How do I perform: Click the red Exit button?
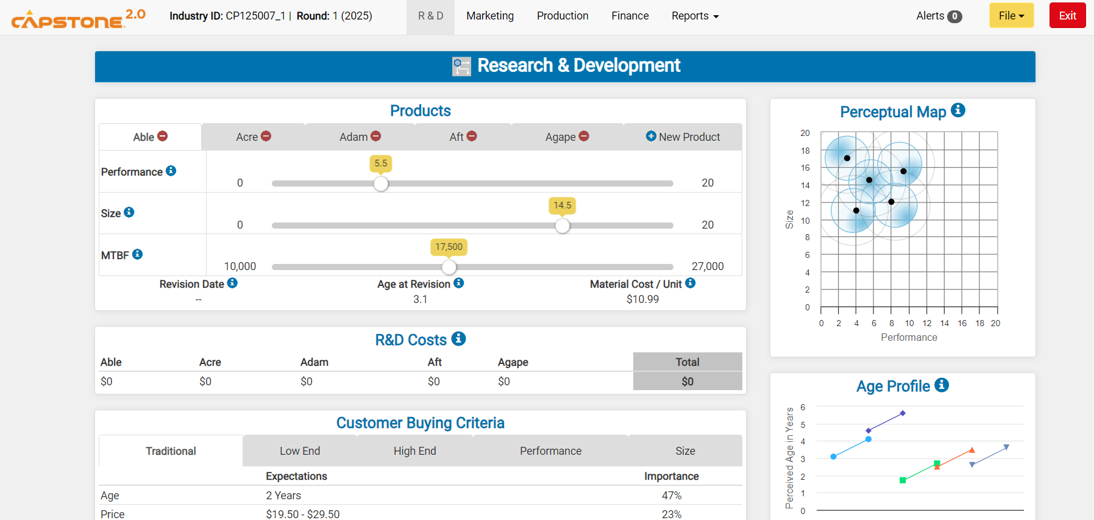coord(1067,16)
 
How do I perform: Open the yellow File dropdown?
coord(1011,16)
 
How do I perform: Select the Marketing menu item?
coord(489,16)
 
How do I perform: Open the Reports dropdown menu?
coord(695,16)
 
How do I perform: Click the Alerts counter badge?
coord(954,16)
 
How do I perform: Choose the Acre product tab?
coord(253,137)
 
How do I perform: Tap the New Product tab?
coord(683,137)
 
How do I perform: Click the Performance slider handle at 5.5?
coord(381,183)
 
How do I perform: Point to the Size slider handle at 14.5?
coord(563,226)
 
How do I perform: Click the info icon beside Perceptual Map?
coord(957,110)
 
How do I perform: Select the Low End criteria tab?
coord(299,451)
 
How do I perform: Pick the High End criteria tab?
coord(414,451)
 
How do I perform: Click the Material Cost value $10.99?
coord(642,299)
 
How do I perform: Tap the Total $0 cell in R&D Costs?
coord(687,382)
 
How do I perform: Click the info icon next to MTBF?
coord(138,254)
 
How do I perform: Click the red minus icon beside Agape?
coord(584,137)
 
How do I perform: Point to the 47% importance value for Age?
coord(671,496)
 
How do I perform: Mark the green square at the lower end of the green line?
coord(903,480)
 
